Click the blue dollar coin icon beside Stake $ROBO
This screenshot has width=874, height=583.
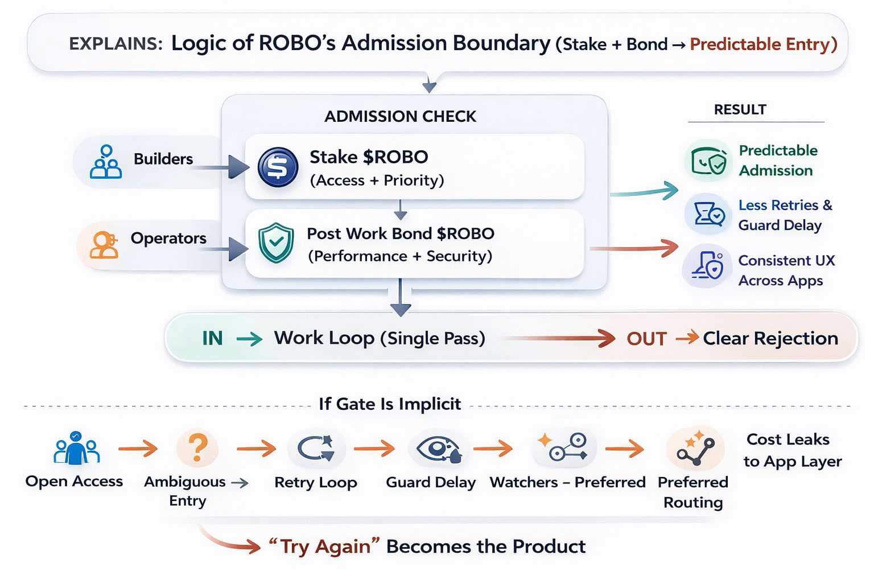pyautogui.click(x=278, y=167)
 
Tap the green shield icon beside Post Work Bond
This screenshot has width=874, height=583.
pyautogui.click(x=276, y=243)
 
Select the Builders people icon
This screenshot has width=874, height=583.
pyautogui.click(x=106, y=162)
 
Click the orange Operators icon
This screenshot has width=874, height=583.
pyautogui.click(x=104, y=245)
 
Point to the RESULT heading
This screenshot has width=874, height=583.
pyautogui.click(x=740, y=109)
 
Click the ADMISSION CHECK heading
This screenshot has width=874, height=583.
pyautogui.click(x=400, y=116)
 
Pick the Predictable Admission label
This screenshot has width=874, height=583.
pyautogui.click(x=777, y=161)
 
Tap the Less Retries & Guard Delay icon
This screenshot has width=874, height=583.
pyautogui.click(x=708, y=215)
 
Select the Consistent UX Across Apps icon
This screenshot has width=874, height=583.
pyautogui.click(x=707, y=266)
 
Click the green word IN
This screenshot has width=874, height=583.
pyautogui.click(x=212, y=339)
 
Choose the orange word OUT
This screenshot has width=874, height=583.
pyautogui.click(x=646, y=339)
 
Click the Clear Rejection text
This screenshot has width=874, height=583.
pyautogui.click(x=770, y=338)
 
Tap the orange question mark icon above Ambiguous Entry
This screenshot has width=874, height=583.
pyautogui.click(x=197, y=448)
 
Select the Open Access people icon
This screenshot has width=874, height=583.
pyautogui.click(x=76, y=448)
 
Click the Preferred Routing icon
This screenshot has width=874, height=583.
pyautogui.click(x=695, y=448)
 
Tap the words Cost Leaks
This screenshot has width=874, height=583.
pyautogui.click(x=788, y=440)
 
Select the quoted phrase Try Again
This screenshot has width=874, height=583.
pyautogui.click(x=324, y=547)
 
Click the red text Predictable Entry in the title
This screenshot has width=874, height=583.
pyautogui.click(x=763, y=44)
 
